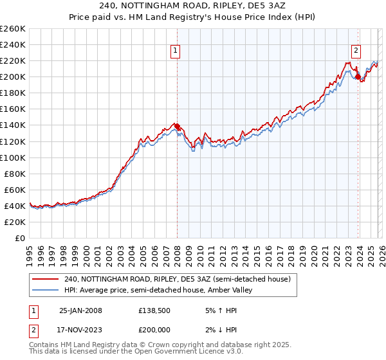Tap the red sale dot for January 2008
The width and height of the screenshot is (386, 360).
pos(178,127)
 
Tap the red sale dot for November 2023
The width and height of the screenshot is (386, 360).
pos(358,76)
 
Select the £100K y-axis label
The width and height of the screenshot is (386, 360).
pos(13,157)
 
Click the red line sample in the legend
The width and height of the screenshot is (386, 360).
pos(46,279)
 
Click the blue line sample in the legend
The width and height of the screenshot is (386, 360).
pos(46,291)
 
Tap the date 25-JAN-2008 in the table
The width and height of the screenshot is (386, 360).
pos(80,310)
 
